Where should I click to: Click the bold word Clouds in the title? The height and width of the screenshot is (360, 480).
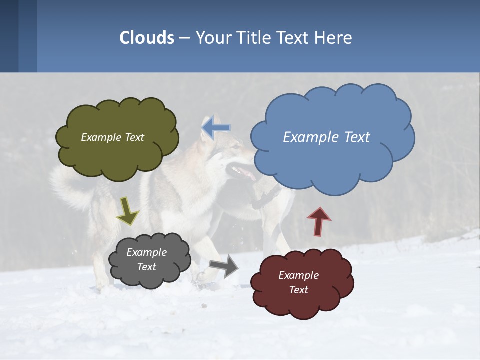click(x=147, y=37)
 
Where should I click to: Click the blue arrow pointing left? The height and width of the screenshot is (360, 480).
click(x=216, y=128)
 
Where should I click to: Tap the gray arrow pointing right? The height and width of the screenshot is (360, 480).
click(x=224, y=266)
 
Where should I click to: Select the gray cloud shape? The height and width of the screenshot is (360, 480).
click(x=149, y=260)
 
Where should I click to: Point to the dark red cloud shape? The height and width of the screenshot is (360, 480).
click(x=301, y=283)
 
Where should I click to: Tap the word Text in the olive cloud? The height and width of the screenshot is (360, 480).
click(x=134, y=137)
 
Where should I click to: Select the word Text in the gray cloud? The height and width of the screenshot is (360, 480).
click(x=147, y=267)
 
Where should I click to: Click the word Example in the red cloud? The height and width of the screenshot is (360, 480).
click(x=298, y=275)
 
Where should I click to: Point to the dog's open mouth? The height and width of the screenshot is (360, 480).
click(x=243, y=172)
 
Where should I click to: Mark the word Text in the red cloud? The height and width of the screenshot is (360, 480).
click(x=298, y=290)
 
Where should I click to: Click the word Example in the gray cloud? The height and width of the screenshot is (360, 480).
click(x=147, y=252)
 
